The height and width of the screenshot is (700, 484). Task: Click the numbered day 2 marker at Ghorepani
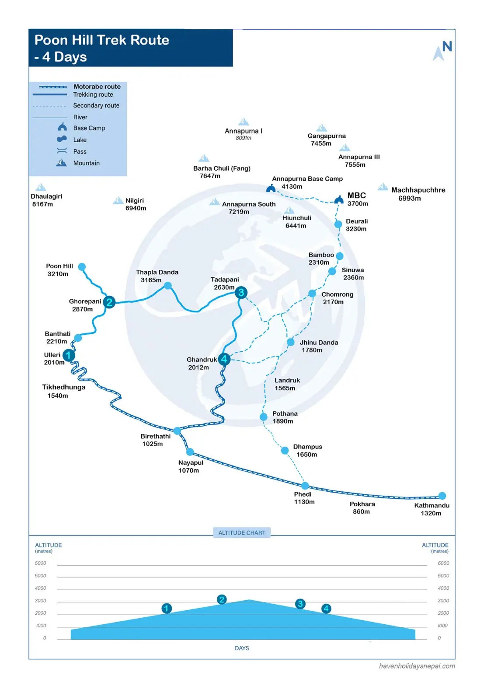coord(109,302)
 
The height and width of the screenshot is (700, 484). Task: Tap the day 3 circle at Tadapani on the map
coord(241,293)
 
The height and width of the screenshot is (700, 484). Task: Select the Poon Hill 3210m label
coord(59,270)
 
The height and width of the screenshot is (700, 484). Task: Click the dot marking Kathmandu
coord(442,496)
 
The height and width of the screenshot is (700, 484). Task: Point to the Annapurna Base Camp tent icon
coord(271,189)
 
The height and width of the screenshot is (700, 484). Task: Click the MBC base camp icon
coord(339,200)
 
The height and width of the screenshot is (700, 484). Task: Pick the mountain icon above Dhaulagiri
coord(41,187)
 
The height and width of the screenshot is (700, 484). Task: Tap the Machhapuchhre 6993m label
coord(418,194)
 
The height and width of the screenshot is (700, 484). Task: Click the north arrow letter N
coord(447,46)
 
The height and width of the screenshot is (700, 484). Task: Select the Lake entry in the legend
coord(80,140)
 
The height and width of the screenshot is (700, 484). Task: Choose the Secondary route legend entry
coord(96,105)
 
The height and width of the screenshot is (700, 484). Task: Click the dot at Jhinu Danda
coord(290,342)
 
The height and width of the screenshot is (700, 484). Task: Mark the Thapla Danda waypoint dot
coord(168,285)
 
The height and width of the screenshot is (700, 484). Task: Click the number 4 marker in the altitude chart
coord(326,609)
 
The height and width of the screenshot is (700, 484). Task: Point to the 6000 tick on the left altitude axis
coord(40,563)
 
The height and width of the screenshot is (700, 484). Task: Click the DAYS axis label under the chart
coord(242,648)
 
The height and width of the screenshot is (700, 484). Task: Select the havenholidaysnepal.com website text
coord(417,666)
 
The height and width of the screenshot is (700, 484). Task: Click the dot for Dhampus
coord(285,451)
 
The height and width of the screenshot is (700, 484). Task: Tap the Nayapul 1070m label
coord(191,466)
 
